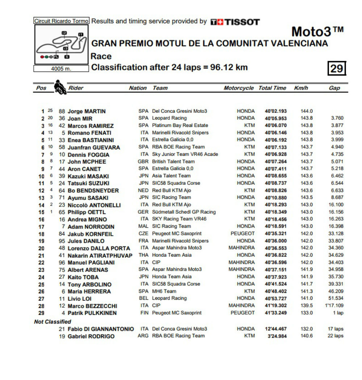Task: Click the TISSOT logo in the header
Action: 235,22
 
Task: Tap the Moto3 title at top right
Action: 317,32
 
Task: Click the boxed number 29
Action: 337,68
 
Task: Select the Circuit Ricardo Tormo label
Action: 61,21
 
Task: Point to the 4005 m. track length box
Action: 61,69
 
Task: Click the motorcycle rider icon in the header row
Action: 60,87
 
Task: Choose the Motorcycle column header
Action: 239,88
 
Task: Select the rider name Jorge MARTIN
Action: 87,111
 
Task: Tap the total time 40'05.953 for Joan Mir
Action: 276,118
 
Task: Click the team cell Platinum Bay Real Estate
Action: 180,125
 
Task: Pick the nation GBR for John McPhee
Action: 143,161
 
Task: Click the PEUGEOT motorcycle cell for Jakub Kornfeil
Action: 243,234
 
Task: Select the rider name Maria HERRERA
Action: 89,291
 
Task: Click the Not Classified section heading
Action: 52,321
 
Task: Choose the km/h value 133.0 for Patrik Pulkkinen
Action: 307,313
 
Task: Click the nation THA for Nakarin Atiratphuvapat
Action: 144,255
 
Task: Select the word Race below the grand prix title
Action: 101,56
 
